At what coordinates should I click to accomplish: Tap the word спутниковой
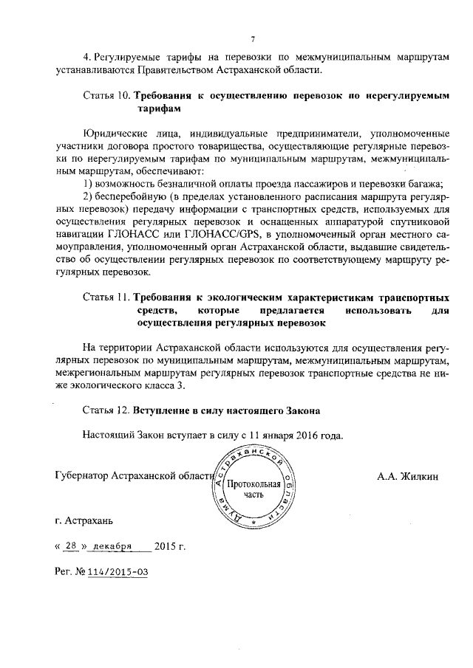[422, 221]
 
